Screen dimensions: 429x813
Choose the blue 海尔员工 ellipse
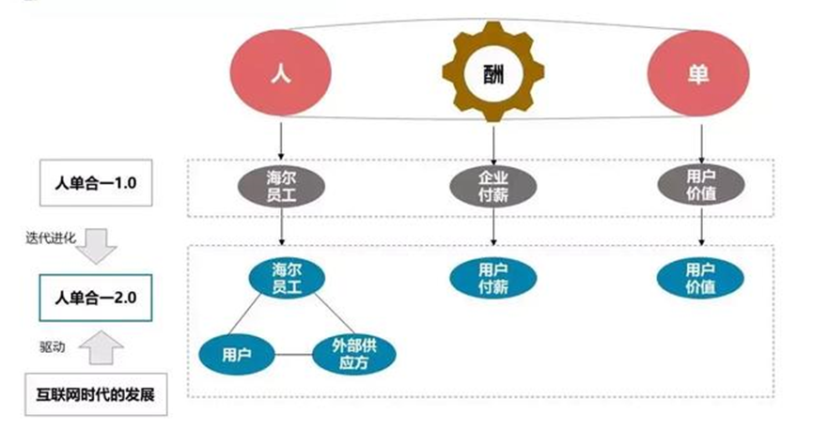coord(282,277)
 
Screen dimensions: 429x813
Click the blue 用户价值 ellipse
coord(697,277)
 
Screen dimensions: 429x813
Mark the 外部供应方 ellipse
coord(353,355)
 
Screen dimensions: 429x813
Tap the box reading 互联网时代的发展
coord(96,394)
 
